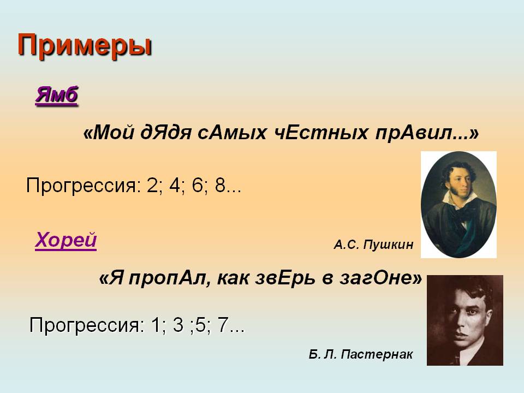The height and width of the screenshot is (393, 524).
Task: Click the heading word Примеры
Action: click(85, 46)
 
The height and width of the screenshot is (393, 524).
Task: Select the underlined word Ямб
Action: click(56, 95)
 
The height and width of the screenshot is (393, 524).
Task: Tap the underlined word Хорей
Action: click(66, 240)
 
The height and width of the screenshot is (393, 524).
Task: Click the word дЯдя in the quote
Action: click(166, 133)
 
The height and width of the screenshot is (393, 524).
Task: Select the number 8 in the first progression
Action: click(221, 185)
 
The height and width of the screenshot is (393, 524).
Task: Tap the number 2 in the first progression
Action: click(152, 185)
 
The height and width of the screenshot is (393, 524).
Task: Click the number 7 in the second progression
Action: click(223, 324)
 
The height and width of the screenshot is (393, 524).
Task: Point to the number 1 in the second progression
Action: click(156, 324)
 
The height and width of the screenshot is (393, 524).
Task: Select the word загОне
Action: click(377, 278)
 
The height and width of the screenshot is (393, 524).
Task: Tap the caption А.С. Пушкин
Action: click(373, 245)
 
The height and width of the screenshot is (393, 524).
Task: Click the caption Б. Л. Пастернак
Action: click(361, 354)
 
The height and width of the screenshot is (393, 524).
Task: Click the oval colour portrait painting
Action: click(458, 205)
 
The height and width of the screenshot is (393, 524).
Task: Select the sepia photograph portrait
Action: click(465, 320)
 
